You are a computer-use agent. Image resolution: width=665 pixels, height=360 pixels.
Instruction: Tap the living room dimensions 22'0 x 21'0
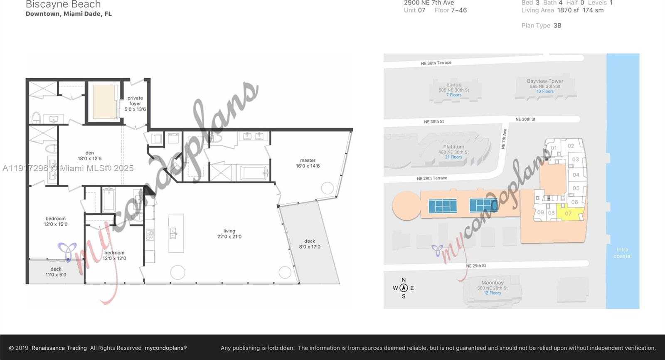point(229,237)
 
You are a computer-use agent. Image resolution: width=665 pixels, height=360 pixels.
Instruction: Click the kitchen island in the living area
point(176,233)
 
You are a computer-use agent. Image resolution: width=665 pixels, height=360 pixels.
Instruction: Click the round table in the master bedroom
point(327,188)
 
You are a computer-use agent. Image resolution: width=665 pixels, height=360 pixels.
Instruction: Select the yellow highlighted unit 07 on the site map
point(569,213)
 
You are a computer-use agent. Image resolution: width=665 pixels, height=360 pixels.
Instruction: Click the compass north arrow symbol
point(403,288)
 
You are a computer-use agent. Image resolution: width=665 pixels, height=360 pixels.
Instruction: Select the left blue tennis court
point(442,205)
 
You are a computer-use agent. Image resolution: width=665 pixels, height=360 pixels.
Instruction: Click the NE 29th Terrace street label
point(432,178)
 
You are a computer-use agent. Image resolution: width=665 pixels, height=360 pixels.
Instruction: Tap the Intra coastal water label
point(622,253)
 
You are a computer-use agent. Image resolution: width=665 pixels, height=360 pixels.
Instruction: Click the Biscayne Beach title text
point(63,5)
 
